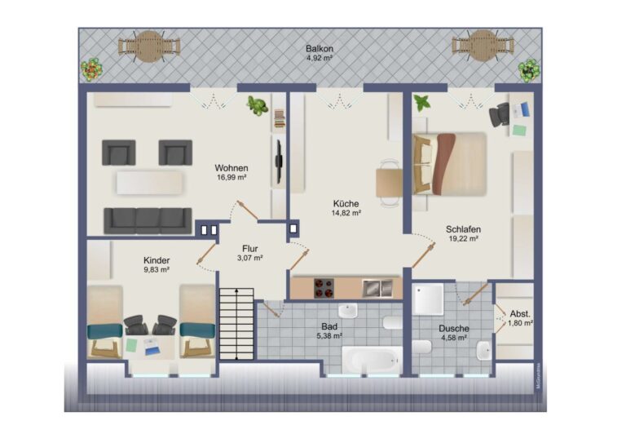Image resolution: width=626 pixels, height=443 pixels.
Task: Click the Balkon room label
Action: pyautogui.click(x=320, y=49)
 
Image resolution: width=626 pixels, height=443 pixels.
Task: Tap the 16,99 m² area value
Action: pyautogui.click(x=231, y=177)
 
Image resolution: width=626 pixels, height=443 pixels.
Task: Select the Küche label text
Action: pyautogui.click(x=346, y=204)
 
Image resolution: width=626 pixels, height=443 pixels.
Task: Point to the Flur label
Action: pyautogui.click(x=250, y=249)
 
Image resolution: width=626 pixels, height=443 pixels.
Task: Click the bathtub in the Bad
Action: pyautogui.click(x=373, y=360)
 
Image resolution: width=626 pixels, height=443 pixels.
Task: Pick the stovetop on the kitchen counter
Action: pyautogui.click(x=324, y=288)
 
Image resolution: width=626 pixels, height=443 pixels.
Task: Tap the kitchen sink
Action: pyautogui.click(x=377, y=288)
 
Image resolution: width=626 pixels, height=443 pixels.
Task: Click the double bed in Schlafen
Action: pyautogui.click(x=449, y=164)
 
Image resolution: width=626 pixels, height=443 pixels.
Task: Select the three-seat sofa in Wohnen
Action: pyautogui.click(x=148, y=220)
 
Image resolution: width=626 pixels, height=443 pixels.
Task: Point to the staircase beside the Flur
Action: pyautogui.click(x=236, y=324)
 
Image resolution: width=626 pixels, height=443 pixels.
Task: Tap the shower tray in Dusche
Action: pyautogui.click(x=428, y=299)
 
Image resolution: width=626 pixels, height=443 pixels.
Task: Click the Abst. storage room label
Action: pyautogui.click(x=520, y=314)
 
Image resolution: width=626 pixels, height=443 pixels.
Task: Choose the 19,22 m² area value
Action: pyautogui.click(x=463, y=238)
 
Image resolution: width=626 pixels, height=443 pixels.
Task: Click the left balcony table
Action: pyautogui.click(x=149, y=47)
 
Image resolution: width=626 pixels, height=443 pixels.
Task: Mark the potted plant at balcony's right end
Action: pyautogui.click(x=529, y=70)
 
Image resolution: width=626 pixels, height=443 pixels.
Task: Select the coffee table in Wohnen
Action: pyautogui.click(x=150, y=183)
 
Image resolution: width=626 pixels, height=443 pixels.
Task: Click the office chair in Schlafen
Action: pyautogui.click(x=500, y=115)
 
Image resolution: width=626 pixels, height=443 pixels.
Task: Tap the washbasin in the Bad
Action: pyautogui.click(x=348, y=310)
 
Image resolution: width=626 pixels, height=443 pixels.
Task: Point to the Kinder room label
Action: pyautogui.click(x=156, y=260)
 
